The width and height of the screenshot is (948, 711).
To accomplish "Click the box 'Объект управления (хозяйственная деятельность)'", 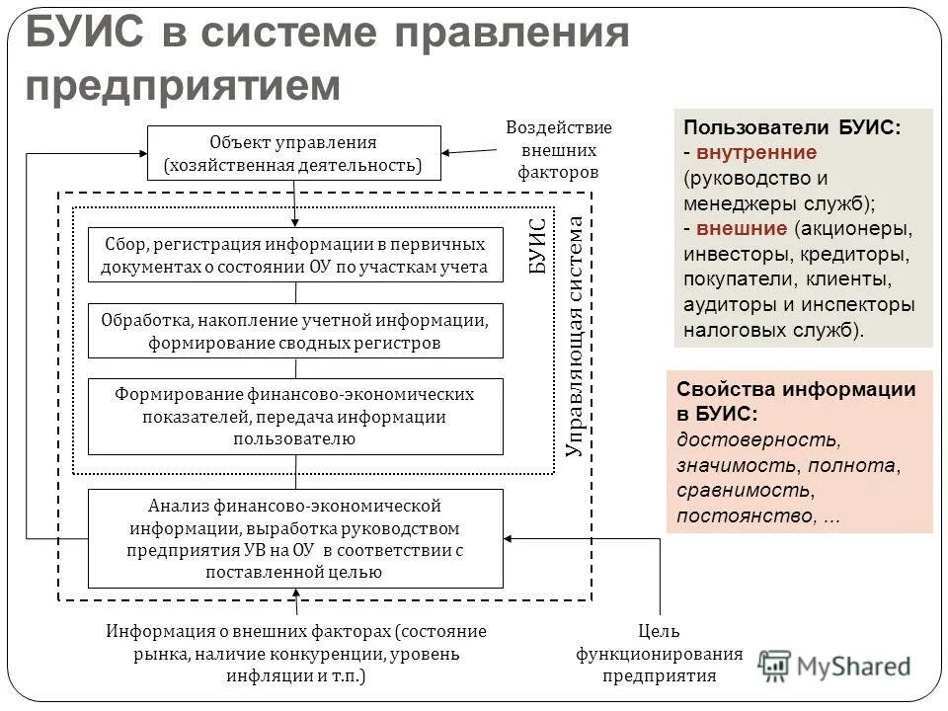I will (x=293, y=153).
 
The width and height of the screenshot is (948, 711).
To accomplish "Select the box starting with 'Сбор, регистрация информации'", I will (x=295, y=255).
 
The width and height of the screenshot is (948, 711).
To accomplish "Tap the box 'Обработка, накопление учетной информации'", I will (x=295, y=331).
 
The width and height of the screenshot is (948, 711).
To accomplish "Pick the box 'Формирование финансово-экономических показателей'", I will (x=295, y=417).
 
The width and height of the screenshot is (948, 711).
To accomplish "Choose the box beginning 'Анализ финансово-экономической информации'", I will (x=295, y=538).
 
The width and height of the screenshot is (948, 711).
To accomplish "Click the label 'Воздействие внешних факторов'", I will (x=558, y=150).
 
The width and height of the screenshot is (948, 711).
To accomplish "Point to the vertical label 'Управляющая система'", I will (x=575, y=336).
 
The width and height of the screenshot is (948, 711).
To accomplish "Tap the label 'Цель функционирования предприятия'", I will (x=660, y=654).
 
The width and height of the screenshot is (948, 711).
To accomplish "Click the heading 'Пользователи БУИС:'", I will (x=792, y=128).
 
